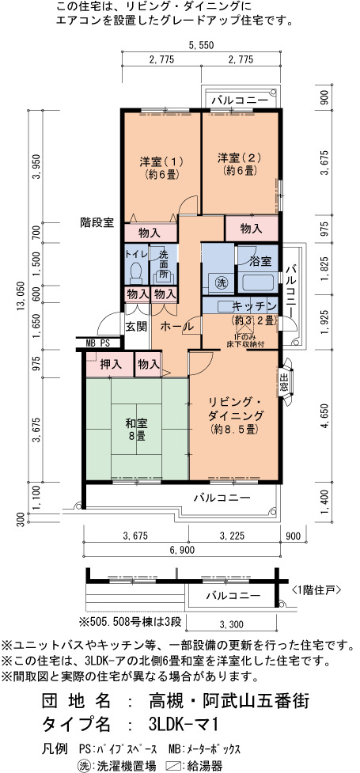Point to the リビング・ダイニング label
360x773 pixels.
point(235,407)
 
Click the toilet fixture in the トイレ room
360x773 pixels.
point(135,272)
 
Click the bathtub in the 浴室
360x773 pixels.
point(256,282)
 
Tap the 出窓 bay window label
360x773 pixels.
point(285,382)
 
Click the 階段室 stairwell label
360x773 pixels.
point(97,222)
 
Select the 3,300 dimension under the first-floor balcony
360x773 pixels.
point(231,624)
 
